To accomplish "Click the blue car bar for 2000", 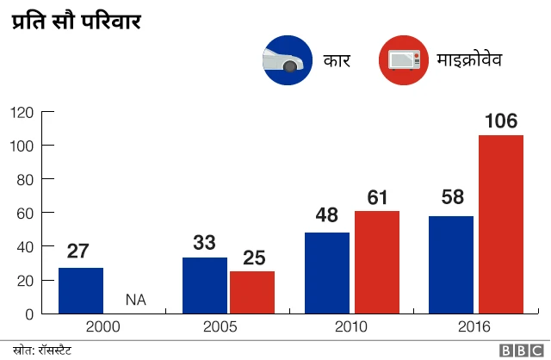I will click(x=81, y=290).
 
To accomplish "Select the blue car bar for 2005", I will click(x=205, y=285).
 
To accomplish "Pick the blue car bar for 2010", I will click(x=327, y=272).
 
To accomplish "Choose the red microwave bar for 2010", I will click(x=377, y=262).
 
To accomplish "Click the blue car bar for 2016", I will click(x=451, y=264).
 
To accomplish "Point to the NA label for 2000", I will click(x=135, y=300).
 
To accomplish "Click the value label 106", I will click(x=501, y=121).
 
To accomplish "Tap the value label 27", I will click(x=78, y=252).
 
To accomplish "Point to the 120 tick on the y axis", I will click(x=22, y=112).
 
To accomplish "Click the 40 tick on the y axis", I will click(x=26, y=246).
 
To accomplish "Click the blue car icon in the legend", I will click(x=288, y=60).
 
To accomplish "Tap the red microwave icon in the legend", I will click(x=404, y=60).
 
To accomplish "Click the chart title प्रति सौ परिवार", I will click(x=76, y=21).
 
